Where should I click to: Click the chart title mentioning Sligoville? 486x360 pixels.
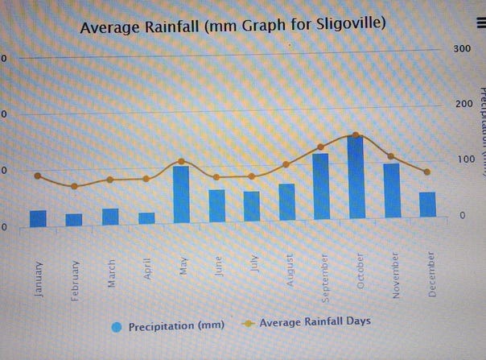233,27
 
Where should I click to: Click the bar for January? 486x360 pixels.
38,218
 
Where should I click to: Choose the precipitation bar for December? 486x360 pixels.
427,205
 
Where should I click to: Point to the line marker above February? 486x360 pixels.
74,186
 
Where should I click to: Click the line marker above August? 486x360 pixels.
286,164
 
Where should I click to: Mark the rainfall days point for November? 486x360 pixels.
391,156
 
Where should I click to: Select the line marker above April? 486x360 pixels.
146,179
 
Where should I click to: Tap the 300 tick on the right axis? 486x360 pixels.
461,48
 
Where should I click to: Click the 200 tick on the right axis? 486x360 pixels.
461,104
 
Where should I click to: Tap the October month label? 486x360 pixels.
360,273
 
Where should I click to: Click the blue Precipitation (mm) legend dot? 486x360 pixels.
117,326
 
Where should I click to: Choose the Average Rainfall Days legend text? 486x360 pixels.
315,321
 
